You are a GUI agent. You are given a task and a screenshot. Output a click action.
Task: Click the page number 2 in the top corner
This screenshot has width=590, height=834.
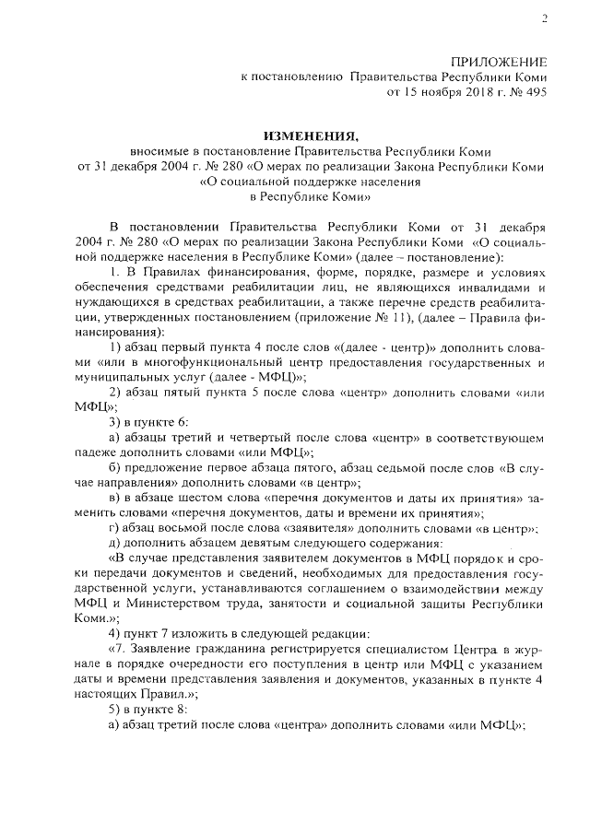[x=544, y=18]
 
